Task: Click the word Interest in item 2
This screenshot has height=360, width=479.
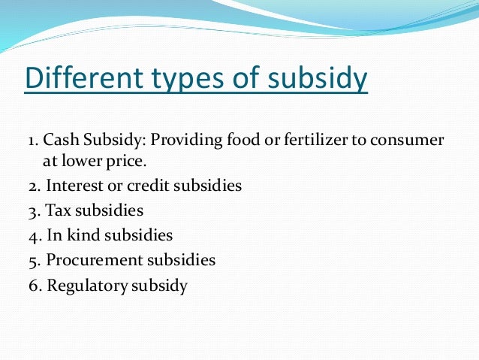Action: coord(72,185)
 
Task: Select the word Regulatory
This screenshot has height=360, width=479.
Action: coord(85,286)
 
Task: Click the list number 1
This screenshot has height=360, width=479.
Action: coord(30,141)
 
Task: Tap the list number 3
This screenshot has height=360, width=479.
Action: coord(32,210)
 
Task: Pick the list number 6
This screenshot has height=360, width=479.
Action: coord(32,286)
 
